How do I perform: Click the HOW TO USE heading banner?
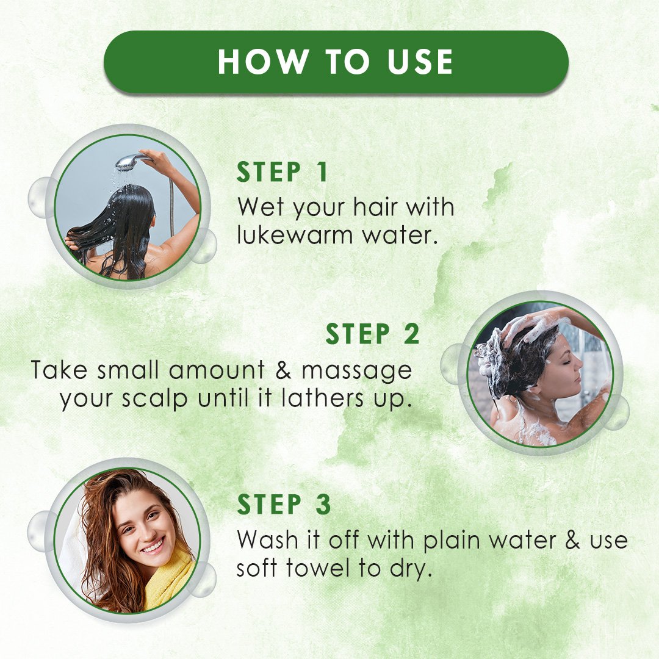pyautogui.click(x=336, y=62)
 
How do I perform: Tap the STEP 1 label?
pyautogui.click(x=282, y=172)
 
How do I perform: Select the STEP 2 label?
pyautogui.click(x=373, y=334)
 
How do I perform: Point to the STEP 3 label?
pyautogui.click(x=284, y=504)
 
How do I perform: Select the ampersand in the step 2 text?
pyautogui.click(x=284, y=370)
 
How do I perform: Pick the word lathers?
pyautogui.click(x=322, y=398)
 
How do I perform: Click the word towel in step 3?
pyautogui.click(x=318, y=568)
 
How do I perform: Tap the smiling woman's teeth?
pyautogui.click(x=153, y=547)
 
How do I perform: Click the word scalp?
pyautogui.click(x=154, y=399)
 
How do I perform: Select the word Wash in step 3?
pyautogui.click(x=268, y=540)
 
